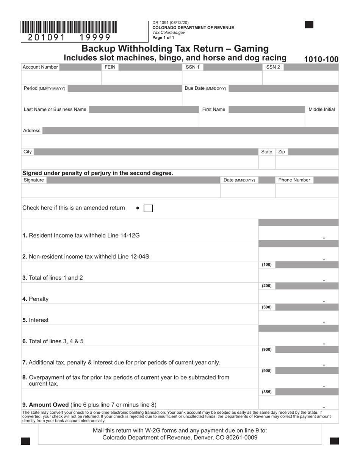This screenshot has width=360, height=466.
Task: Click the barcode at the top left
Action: point(69,28)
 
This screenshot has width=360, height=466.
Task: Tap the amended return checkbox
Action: point(148,208)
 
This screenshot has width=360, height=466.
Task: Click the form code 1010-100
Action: point(321,59)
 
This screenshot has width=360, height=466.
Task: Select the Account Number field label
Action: point(40,67)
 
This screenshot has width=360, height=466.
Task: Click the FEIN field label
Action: point(110,67)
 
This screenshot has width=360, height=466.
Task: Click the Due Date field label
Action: point(205,88)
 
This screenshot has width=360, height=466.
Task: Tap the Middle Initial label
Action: point(321,109)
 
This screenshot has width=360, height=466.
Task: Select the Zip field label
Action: point(282,152)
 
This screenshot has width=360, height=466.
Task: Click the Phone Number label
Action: point(294,180)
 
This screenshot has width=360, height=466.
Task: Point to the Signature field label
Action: point(34,180)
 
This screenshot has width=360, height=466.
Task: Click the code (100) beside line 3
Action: point(267,265)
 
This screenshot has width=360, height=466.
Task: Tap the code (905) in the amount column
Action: point(267,371)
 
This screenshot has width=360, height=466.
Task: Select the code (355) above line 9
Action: point(267,392)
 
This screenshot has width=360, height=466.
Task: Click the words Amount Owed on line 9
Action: point(49,405)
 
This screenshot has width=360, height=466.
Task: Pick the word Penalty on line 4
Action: point(39,299)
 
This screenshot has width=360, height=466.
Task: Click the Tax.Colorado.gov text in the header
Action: point(169,33)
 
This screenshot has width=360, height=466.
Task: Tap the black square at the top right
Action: point(309,25)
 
